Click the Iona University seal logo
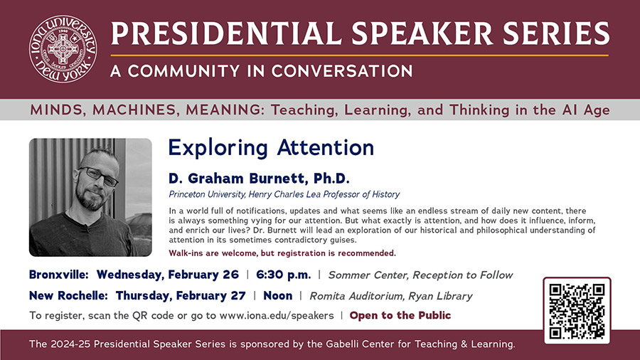[x=63, y=49]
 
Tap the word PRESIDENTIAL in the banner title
[x=226, y=33]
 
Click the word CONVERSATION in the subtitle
[x=342, y=71]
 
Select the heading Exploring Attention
[x=271, y=147]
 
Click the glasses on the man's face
[x=98, y=176]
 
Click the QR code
[x=577, y=311]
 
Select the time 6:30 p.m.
[x=283, y=275]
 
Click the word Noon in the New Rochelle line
[x=277, y=295]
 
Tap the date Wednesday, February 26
[x=167, y=275]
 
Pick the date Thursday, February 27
[x=181, y=295]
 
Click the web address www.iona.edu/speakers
[x=277, y=315]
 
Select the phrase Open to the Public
[x=400, y=315]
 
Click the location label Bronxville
[x=59, y=275]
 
